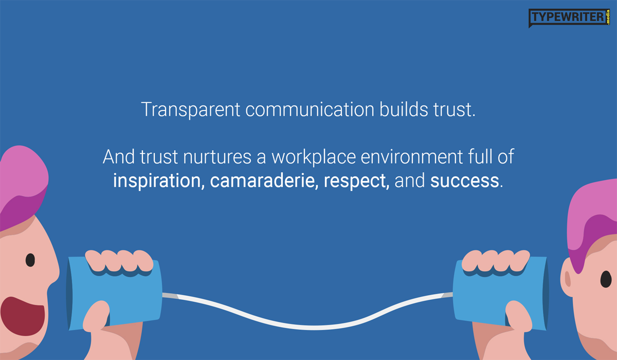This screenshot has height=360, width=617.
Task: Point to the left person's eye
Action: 30,260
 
